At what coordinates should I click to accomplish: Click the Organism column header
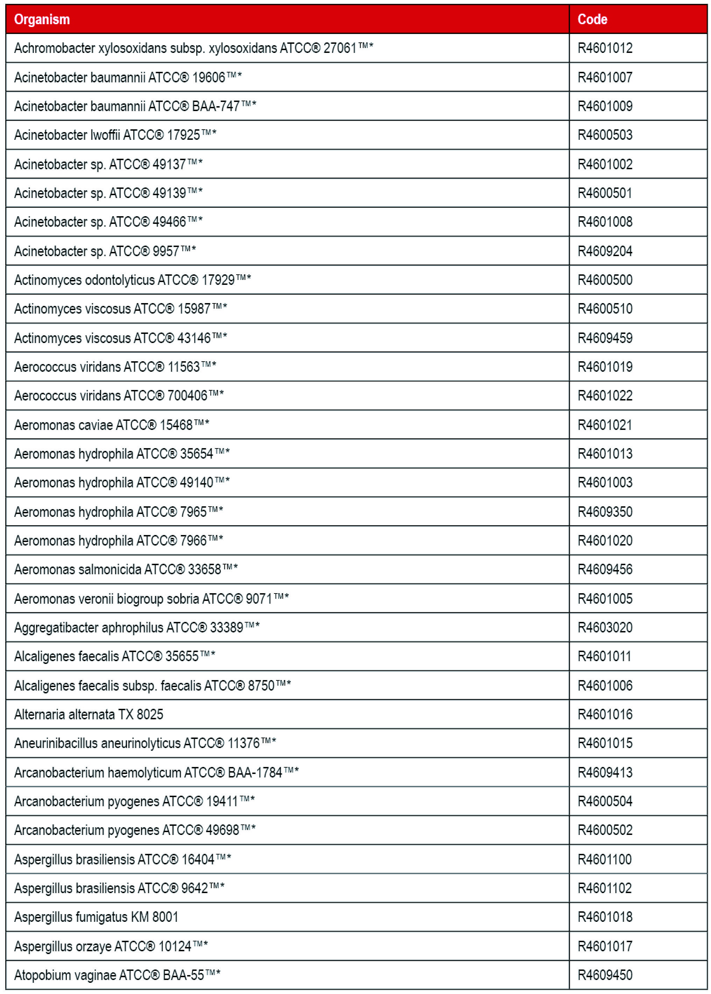[42, 19]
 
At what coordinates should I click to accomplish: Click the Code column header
[592, 19]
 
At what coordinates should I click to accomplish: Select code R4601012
[605, 48]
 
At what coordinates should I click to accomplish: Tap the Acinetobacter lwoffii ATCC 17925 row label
[115, 135]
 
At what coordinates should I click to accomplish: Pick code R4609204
[605, 251]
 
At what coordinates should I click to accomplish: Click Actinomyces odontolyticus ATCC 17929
[132, 280]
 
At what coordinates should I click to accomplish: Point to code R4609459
[605, 338]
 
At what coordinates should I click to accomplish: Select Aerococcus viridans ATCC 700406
[119, 396]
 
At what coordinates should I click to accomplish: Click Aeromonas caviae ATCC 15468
[111, 425]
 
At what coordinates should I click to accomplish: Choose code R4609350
[605, 512]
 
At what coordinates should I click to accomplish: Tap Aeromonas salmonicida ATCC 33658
[126, 569]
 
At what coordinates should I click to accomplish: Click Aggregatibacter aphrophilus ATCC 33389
[136, 627]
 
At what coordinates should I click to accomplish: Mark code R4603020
[605, 627]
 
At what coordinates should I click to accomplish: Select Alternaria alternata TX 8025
[89, 714]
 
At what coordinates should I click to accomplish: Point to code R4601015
[605, 743]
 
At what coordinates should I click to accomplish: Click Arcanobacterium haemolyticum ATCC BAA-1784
[156, 772]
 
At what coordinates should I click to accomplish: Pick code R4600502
[605, 830]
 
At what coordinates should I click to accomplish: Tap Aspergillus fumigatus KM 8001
[96, 917]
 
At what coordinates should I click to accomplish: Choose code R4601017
[605, 946]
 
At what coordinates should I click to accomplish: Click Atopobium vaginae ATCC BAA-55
[117, 975]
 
